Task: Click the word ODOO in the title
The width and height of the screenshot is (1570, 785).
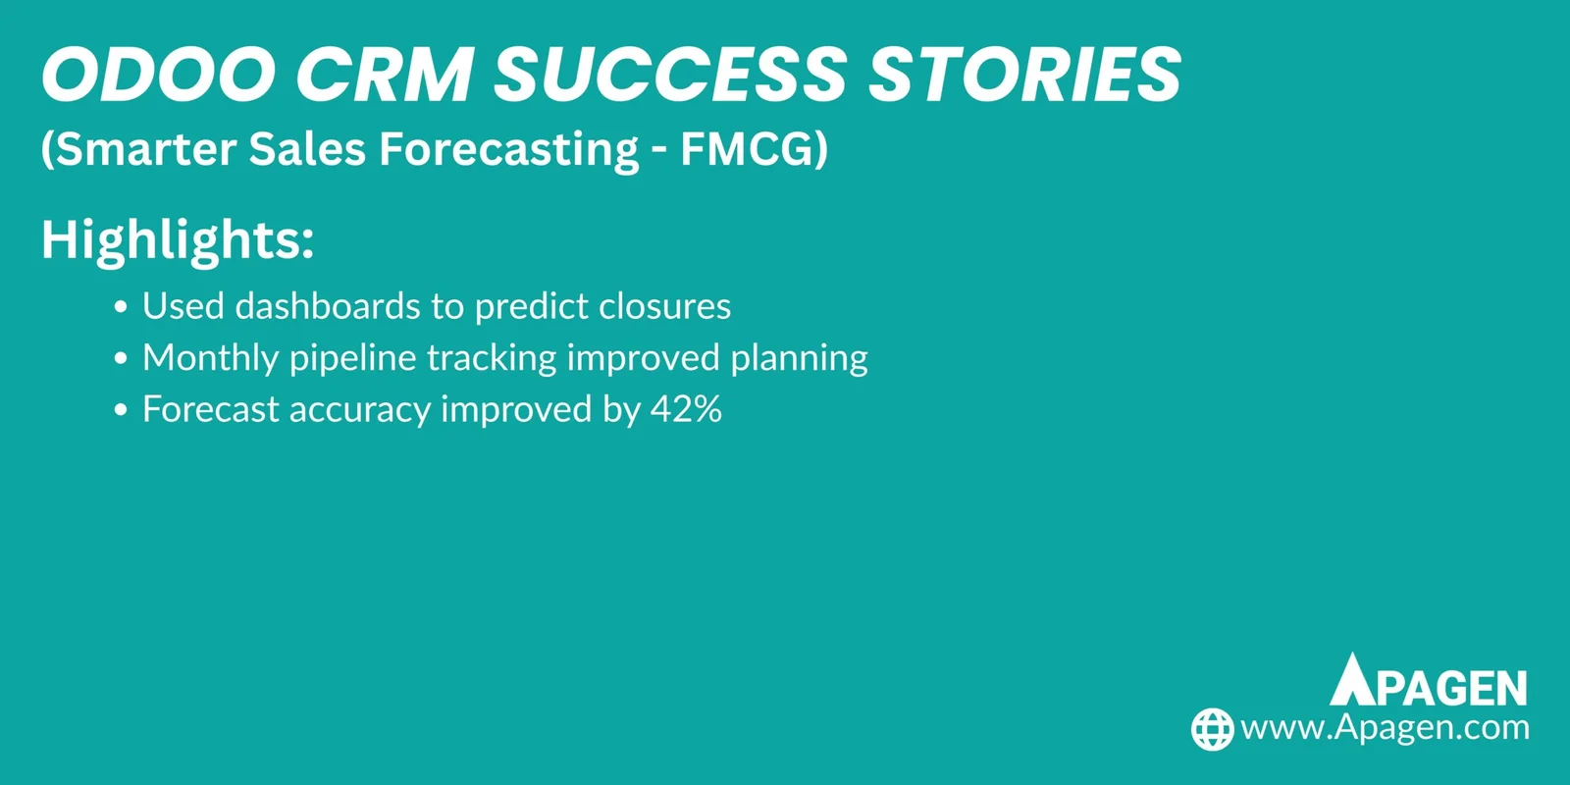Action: tap(157, 75)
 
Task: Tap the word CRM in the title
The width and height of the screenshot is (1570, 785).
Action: tap(385, 75)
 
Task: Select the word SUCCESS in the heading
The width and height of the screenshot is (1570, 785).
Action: tap(669, 75)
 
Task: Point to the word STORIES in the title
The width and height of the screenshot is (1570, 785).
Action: tap(1024, 75)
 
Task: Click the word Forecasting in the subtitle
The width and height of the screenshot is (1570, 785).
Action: tap(509, 150)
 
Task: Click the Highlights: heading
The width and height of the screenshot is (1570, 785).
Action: tap(178, 239)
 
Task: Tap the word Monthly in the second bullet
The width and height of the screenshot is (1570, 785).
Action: tap(210, 358)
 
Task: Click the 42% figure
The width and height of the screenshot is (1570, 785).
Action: tap(686, 409)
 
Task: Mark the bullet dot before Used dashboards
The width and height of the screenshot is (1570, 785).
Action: tap(121, 308)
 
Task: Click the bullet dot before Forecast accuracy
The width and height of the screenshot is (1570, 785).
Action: tap(121, 411)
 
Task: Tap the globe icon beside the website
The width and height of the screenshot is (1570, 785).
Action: tap(1212, 729)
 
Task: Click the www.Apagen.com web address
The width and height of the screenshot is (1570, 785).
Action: tap(1385, 728)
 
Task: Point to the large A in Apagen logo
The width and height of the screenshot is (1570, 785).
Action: tap(1354, 680)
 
